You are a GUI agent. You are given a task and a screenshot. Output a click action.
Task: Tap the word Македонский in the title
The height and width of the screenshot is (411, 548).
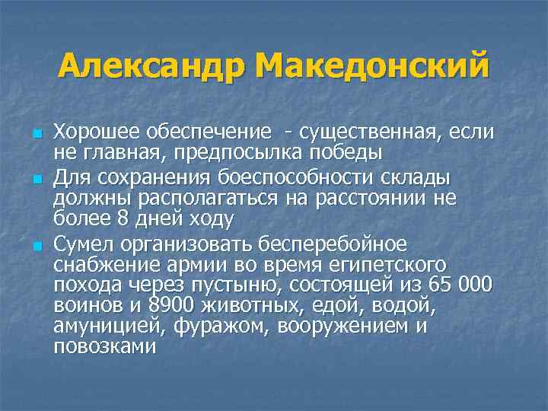(372, 68)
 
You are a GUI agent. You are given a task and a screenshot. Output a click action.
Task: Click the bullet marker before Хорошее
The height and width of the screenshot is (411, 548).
(36, 135)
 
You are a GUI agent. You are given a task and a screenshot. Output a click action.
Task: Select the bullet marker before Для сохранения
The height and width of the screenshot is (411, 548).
(36, 179)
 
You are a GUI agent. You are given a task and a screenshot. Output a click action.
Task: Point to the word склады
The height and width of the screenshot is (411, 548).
(416, 177)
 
